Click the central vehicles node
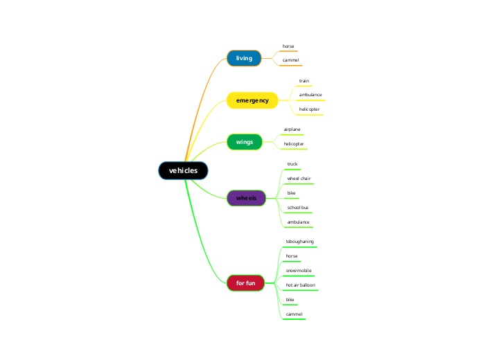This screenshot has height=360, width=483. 183,170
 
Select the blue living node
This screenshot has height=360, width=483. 244,58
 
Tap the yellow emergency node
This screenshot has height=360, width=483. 252,100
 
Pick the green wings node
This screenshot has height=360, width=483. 245,142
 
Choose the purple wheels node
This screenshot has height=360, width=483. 246,198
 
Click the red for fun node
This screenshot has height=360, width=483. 245,282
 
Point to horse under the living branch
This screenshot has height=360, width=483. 288,46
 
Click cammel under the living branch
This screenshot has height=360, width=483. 290,60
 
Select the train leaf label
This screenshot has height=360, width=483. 304,80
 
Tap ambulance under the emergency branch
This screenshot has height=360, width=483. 310,94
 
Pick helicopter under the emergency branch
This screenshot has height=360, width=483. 309,109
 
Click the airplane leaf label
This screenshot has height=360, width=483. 292,129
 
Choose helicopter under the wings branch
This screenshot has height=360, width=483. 294,144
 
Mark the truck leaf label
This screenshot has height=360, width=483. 292,164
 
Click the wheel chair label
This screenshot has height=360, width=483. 299,179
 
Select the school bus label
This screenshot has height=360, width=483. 298,208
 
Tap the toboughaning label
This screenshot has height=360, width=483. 300,242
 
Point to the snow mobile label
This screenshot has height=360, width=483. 299,271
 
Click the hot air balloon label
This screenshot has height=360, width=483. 300,285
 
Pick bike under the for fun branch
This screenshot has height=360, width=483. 290,300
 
